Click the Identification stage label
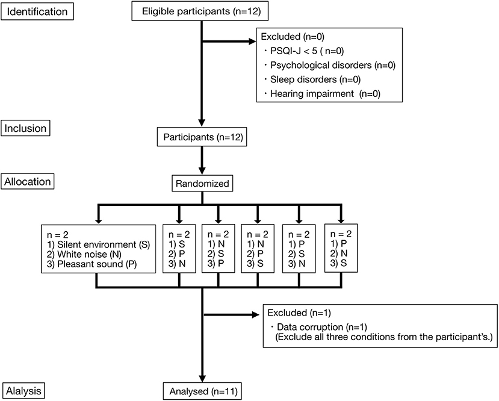pos(38,11)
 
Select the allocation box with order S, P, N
pos(179,249)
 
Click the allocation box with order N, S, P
pos(218,249)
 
